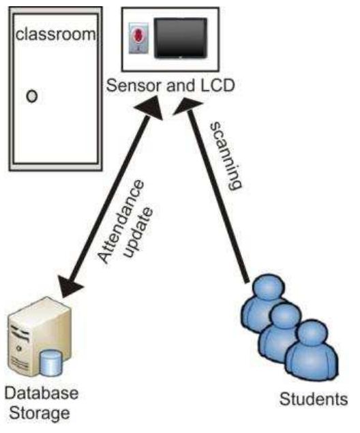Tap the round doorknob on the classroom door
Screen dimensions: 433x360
31,95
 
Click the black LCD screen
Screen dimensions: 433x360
181,37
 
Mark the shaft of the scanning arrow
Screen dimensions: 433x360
218,198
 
